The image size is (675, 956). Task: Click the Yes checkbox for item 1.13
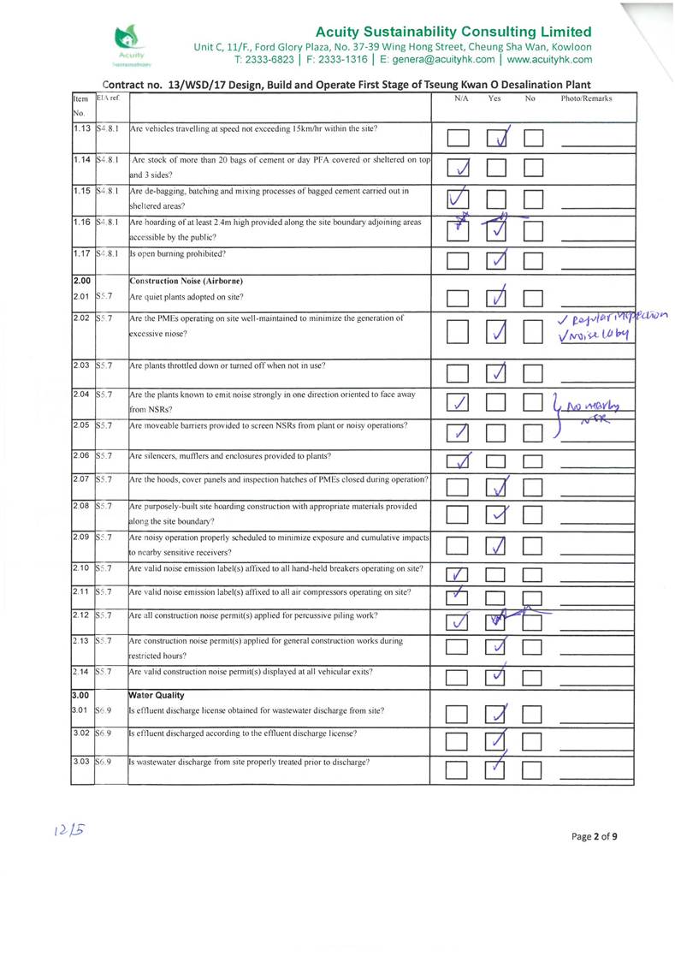(x=497, y=137)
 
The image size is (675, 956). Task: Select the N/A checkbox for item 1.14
(x=459, y=167)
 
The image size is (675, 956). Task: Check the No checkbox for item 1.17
(x=534, y=260)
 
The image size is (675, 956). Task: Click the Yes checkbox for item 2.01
(x=497, y=299)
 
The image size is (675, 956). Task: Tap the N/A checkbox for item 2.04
(x=459, y=401)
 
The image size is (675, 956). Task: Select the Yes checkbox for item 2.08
(x=497, y=514)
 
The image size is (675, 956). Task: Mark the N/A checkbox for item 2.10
(x=459, y=574)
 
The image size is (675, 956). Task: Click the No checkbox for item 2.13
(x=534, y=648)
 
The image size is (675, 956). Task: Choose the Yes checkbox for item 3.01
(x=497, y=713)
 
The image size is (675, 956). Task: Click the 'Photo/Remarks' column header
(x=586, y=98)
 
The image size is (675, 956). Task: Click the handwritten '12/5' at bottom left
(x=73, y=829)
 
